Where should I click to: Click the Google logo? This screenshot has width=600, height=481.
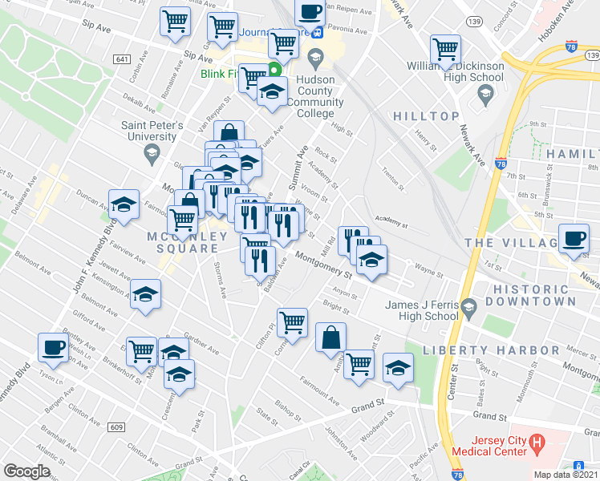point(27,471)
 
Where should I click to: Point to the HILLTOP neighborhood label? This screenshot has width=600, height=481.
point(425,116)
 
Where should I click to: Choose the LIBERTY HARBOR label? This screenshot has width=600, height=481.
point(491,350)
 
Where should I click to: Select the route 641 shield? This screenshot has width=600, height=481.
point(122,59)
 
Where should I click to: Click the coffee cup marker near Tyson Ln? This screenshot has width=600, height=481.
point(53,347)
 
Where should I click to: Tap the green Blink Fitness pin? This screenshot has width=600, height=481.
point(274,69)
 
